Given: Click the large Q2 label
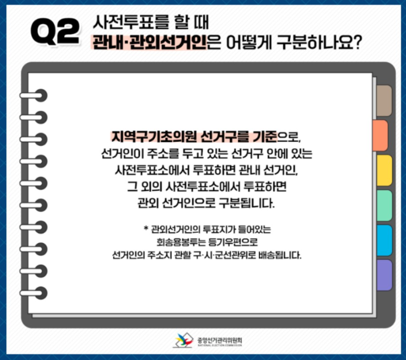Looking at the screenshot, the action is coord(55,31).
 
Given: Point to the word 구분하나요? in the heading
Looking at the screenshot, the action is coord(319,42).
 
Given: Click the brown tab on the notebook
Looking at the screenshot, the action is coord(384,101).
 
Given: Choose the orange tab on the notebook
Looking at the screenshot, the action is coord(380,135).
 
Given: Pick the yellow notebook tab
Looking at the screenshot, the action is coord(384,170).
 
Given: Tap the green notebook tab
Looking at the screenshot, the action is coord(384,205).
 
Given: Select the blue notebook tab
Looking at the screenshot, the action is coord(384,240).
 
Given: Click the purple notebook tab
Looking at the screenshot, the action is coord(384,275).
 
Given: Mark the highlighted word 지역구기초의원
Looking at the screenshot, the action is coord(154,137).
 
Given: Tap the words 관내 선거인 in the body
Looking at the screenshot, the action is coord(267,170).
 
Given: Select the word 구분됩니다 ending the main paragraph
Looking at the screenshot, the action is coord(246,203).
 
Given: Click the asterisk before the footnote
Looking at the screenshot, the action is coord(146,228).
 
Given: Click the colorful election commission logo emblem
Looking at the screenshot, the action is coord(184,340).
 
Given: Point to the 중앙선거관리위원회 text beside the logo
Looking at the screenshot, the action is coord(220,340).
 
